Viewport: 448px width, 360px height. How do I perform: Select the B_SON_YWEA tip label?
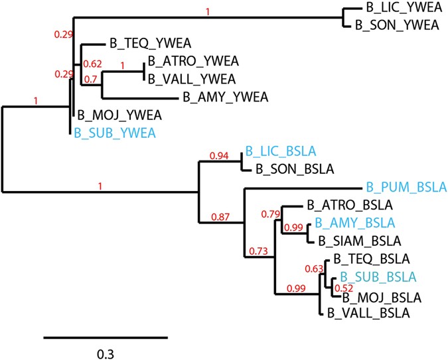pyautogui.click(x=397, y=25)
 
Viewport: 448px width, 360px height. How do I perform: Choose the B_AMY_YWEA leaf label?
pyautogui.click(x=224, y=97)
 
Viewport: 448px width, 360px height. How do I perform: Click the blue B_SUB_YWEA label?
pyautogui.click(x=115, y=133)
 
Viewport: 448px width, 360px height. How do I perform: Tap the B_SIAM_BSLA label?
pyautogui.click(x=357, y=241)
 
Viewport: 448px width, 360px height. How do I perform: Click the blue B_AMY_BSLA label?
pyautogui.click(x=354, y=223)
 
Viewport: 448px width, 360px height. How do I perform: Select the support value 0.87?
pyautogui.click(x=223, y=216)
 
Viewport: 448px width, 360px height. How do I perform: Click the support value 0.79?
pyautogui.click(x=271, y=214)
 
